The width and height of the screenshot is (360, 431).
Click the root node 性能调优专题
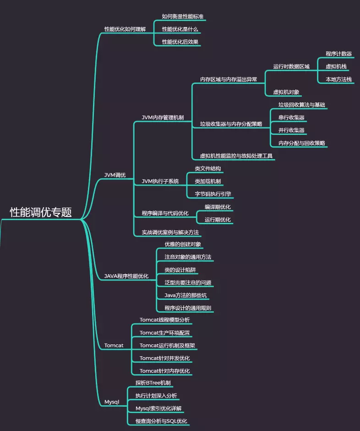tap(41, 212)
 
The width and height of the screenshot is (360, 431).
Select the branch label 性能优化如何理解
tap(125, 29)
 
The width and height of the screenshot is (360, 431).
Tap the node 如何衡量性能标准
tap(183, 17)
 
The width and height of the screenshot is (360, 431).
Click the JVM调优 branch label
tap(115, 175)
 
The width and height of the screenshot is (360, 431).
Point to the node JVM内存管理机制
tap(163, 117)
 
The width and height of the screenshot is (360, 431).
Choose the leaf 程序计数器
tap(338, 54)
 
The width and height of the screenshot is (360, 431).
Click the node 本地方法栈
tap(338, 79)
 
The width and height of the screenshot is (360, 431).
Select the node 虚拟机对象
tap(286, 92)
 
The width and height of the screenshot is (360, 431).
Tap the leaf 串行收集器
tap(291, 117)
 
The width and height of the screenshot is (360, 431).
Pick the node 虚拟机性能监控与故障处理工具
tap(236, 156)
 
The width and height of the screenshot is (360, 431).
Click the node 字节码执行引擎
tap(213, 193)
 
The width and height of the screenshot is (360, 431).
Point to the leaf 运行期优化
tap(218, 220)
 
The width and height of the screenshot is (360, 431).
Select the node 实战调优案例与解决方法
tap(170, 232)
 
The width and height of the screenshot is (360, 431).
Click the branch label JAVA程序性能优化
tap(126, 276)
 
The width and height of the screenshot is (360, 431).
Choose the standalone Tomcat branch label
tap(114, 345)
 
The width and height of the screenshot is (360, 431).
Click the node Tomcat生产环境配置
tap(165, 332)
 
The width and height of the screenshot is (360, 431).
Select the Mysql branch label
tap(112, 402)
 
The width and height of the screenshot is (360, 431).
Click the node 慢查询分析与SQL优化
tap(161, 421)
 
